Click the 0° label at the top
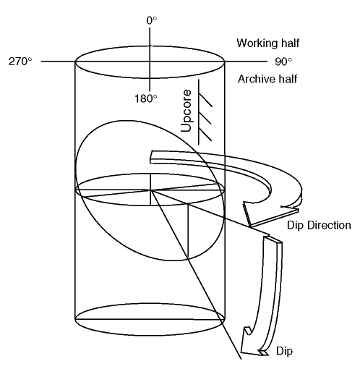click(x=152, y=20)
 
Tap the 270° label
click(x=20, y=61)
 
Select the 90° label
click(x=283, y=61)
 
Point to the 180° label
click(x=146, y=98)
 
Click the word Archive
click(x=257, y=79)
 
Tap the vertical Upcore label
click(x=186, y=111)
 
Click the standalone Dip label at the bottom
click(x=284, y=352)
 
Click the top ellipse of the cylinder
click(x=150, y=46)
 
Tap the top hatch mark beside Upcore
click(x=205, y=99)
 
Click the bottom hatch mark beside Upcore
click(x=205, y=134)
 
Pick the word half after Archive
click(x=288, y=79)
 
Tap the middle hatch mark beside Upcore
click(x=205, y=116)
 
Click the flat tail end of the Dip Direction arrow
click(x=151, y=157)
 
